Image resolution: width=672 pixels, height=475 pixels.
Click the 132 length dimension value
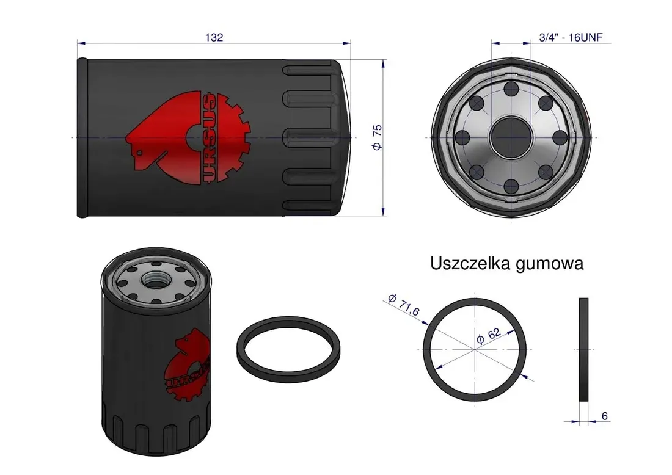pyautogui.click(x=214, y=37)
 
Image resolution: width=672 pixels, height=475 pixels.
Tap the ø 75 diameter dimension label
pyautogui.click(x=377, y=137)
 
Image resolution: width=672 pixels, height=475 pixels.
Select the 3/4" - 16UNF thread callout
pyautogui.click(x=571, y=37)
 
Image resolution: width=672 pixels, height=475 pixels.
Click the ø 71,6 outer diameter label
pyautogui.click(x=403, y=305)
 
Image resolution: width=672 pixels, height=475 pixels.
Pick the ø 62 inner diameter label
pyautogui.click(x=488, y=336)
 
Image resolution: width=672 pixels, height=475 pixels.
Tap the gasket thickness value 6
pyautogui.click(x=604, y=416)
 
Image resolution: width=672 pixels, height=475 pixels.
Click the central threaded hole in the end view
pyautogui.click(x=511, y=137)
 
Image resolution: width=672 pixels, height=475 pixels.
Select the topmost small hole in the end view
pyautogui.click(x=511, y=89)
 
